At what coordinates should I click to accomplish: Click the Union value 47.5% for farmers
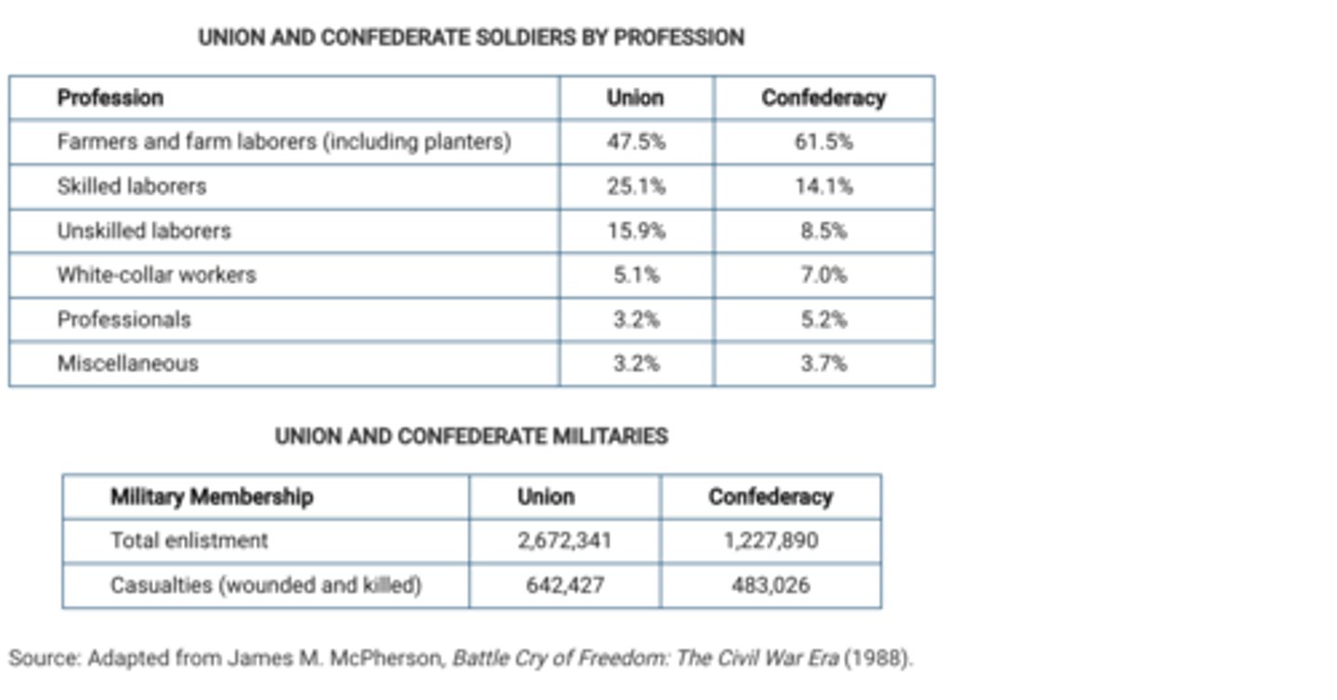[x=636, y=142]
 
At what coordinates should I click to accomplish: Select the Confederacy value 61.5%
[x=824, y=142]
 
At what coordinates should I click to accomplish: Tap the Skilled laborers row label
[x=132, y=187]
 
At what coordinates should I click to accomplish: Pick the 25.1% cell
[x=636, y=187]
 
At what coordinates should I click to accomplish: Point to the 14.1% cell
[x=824, y=187]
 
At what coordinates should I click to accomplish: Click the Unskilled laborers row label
[x=144, y=230]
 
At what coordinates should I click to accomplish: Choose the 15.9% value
[x=636, y=230]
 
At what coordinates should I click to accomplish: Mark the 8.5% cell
[x=824, y=230]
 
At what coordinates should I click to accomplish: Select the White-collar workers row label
[x=156, y=275]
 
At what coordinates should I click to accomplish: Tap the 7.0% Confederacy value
[x=824, y=275]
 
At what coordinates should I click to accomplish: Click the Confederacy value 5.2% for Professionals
[x=824, y=319]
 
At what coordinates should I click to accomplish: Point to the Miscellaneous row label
[x=128, y=363]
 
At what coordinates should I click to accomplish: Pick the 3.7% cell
[x=824, y=363]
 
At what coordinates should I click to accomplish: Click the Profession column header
[x=110, y=97]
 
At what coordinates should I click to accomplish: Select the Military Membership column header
[x=212, y=497]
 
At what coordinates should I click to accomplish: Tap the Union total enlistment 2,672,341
[x=565, y=540]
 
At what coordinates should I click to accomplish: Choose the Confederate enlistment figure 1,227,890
[x=771, y=540]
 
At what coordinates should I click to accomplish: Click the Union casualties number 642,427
[x=565, y=586]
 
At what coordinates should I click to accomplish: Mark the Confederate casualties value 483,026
[x=771, y=586]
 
